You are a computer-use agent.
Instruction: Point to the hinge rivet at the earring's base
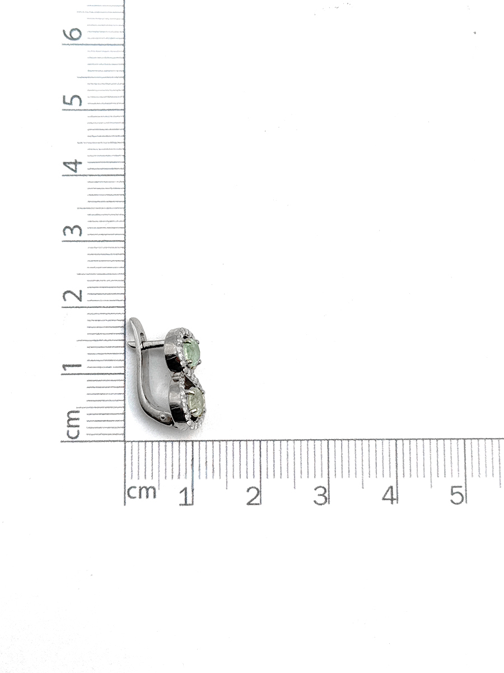(x=163, y=417)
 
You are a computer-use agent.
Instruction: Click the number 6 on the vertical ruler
(x=72, y=34)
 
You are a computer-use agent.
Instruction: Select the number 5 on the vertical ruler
(x=72, y=100)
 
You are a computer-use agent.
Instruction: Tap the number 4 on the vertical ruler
(x=73, y=166)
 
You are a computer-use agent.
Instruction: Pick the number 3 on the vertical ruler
(x=72, y=231)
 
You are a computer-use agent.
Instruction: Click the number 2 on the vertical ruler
(x=72, y=295)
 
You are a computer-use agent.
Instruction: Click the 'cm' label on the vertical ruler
(x=73, y=425)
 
